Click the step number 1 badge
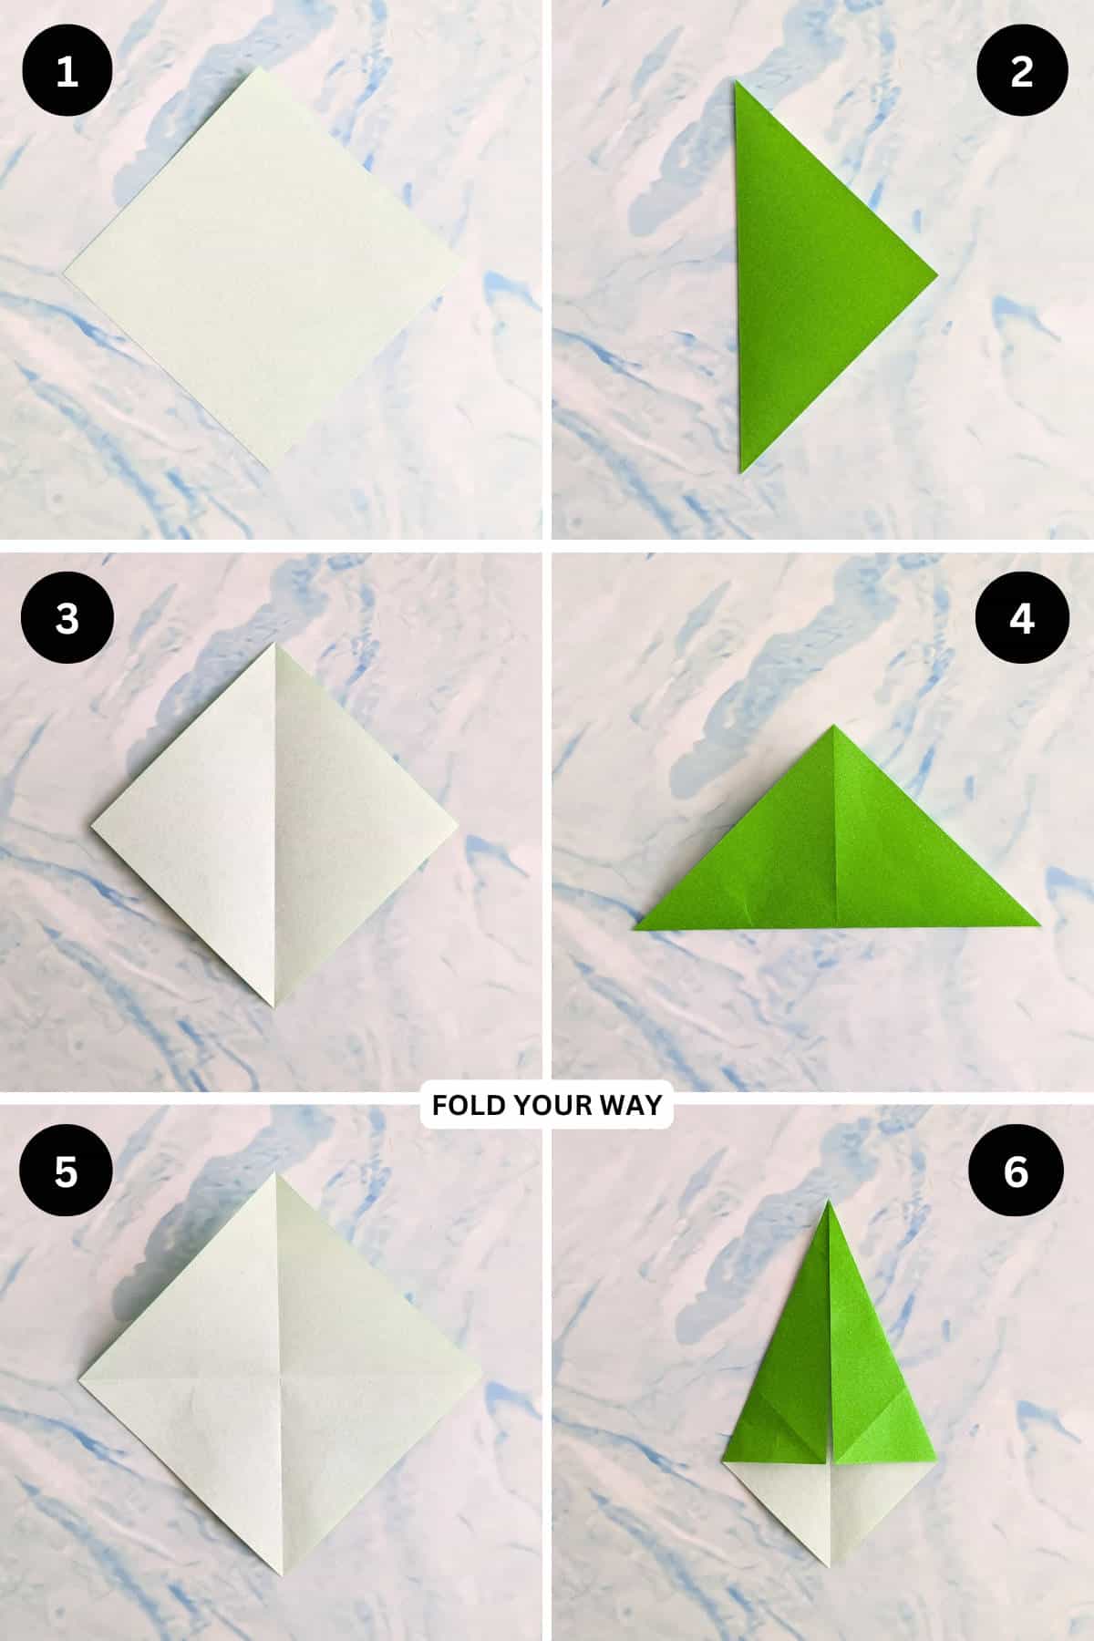(x=67, y=71)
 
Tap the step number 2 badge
(x=1022, y=71)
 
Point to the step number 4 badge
(x=1022, y=618)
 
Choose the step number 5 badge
(x=67, y=1171)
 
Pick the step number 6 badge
(x=1017, y=1171)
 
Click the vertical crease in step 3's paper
(x=274, y=825)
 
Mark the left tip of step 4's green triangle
(x=635, y=929)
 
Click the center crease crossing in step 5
(x=279, y=1377)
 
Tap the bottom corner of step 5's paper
(x=280, y=1579)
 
